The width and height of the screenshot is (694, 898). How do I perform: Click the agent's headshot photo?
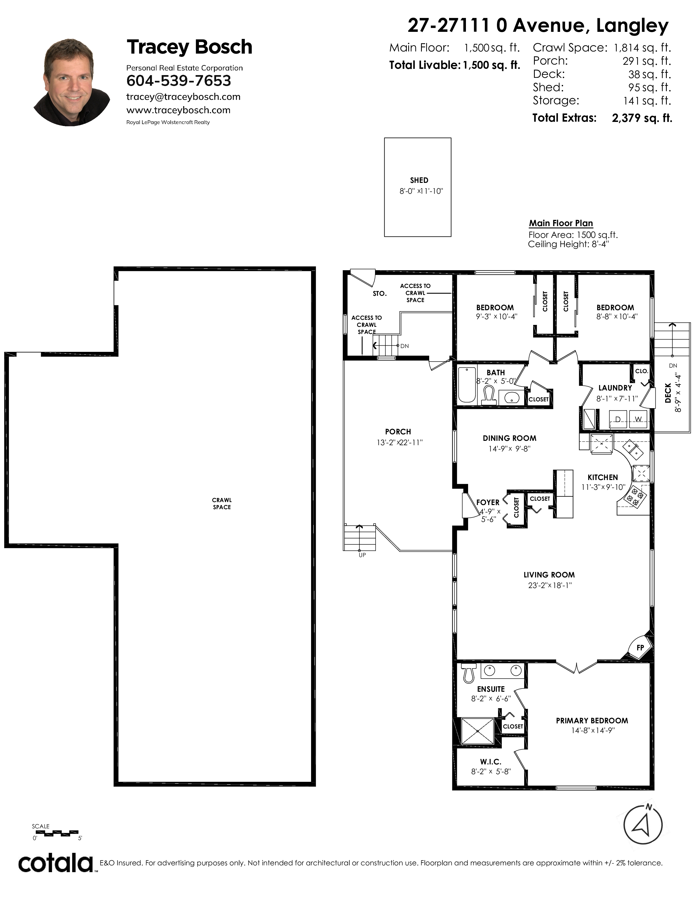click(72, 82)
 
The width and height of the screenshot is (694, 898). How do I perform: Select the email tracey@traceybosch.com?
click(183, 97)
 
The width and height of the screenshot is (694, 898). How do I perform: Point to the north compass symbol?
click(643, 825)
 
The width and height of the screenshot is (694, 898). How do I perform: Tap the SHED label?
click(419, 180)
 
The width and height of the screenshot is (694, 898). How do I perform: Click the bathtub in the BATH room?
click(467, 385)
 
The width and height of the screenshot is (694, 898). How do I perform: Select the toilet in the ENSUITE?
click(468, 672)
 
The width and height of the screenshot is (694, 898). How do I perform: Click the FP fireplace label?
click(640, 648)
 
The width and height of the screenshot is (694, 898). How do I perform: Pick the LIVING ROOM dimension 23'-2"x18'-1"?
click(550, 585)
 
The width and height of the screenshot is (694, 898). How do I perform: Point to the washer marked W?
click(638, 419)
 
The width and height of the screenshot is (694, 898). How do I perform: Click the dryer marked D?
click(618, 419)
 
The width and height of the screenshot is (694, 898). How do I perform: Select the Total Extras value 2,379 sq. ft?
click(642, 118)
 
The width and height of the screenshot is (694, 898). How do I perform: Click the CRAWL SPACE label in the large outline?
click(222, 504)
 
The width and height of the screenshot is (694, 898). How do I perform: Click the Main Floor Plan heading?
click(561, 223)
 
